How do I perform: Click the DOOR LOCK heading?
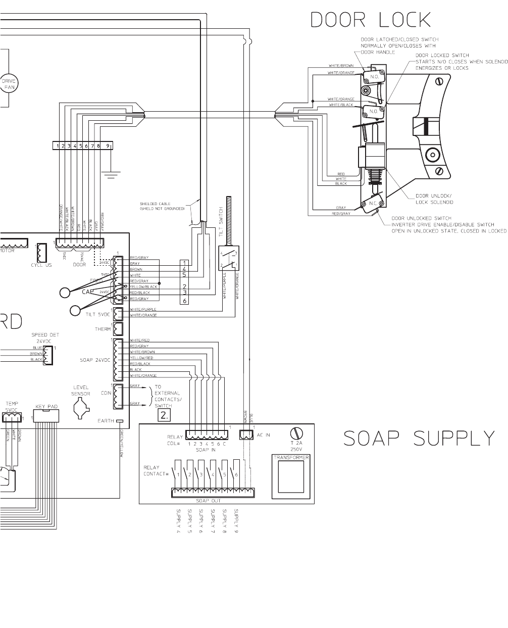coord(370,20)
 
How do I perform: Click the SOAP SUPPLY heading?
coord(419,439)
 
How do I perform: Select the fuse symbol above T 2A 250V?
coord(296,433)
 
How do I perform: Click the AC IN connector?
coord(246,434)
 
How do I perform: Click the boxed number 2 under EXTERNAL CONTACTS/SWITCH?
coord(164,415)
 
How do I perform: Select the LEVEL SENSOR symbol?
coord(81,408)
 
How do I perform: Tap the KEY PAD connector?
coord(46,415)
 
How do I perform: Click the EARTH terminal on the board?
coord(120,421)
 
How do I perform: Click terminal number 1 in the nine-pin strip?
coord(58,146)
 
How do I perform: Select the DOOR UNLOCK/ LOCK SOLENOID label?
coord(434,199)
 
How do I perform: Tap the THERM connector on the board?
coord(119,329)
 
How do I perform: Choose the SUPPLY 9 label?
coord(236,521)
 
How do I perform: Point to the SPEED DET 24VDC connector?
coord(48,354)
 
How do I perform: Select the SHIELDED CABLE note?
coord(162,206)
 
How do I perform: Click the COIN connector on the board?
coord(119,396)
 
